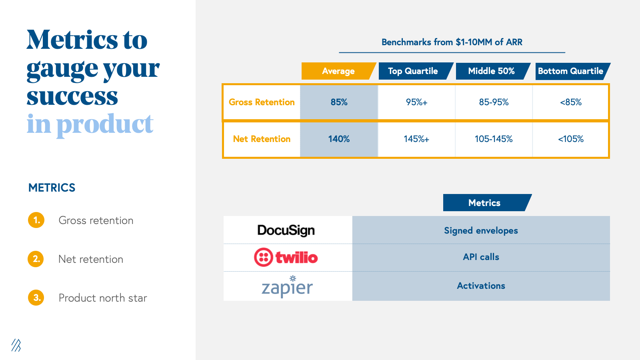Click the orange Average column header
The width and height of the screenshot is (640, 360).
pos(338,71)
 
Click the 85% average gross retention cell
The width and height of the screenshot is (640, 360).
pos(339,102)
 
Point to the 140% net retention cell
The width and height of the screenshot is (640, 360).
pos(339,139)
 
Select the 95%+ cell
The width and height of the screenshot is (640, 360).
pos(416,102)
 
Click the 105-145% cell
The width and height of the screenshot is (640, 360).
pos(494,139)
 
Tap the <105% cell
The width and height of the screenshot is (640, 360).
pos(571,139)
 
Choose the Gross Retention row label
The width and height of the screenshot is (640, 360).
pos(262,102)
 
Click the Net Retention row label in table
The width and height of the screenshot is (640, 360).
pos(262,139)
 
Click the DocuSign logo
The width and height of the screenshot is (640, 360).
pos(286,230)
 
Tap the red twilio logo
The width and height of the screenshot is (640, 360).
pos(286,257)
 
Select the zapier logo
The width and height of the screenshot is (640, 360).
pos(287,287)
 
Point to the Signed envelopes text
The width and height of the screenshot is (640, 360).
pos(481,231)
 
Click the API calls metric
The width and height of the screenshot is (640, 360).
pos(481,257)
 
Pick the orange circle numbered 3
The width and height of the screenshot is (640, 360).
pos(36,298)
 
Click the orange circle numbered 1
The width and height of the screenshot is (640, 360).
pos(36,220)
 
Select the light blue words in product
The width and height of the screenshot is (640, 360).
pos(90,124)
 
